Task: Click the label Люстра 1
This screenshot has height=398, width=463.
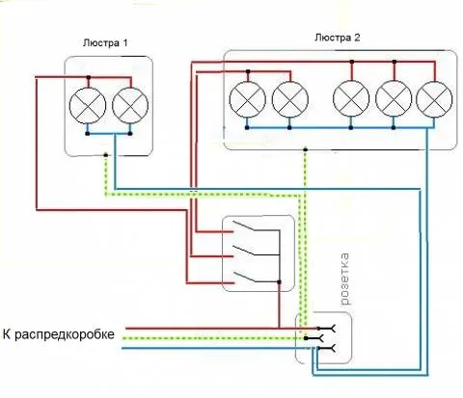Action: tap(105, 43)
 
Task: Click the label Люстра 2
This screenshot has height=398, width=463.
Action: tap(338, 38)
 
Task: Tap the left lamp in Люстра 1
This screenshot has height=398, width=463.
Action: tap(88, 106)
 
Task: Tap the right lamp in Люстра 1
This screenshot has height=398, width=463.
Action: tap(130, 106)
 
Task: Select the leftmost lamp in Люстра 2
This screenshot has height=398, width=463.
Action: tap(248, 99)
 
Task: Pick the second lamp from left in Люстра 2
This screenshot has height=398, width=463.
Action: tap(290, 99)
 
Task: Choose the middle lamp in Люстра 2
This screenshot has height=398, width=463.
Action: tap(351, 99)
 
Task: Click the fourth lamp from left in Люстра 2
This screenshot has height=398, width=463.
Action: tap(394, 99)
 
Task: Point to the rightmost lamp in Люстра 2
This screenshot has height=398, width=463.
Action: tap(434, 99)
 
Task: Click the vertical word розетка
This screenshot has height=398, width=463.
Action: tap(344, 279)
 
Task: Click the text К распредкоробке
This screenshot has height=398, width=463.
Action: tap(59, 334)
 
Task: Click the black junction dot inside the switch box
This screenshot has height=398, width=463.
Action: tap(279, 282)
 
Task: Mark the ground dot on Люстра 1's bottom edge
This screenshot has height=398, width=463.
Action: tap(106, 155)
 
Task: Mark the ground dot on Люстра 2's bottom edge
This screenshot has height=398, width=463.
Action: tap(306, 149)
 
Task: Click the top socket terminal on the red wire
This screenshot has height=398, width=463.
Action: tap(327, 329)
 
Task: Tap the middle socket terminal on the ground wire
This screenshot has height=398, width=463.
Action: tap(314, 338)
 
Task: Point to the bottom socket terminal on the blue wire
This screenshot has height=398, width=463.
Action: tap(327, 348)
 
